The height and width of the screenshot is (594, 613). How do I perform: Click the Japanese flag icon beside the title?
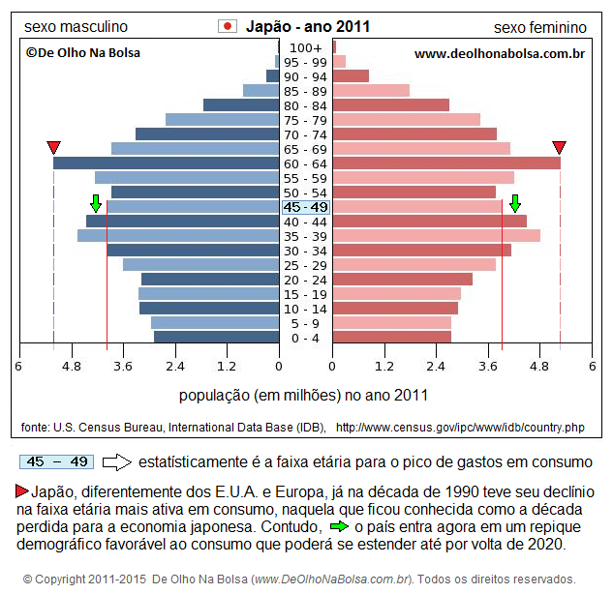coord(228,26)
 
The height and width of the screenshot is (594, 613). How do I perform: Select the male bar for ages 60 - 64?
coord(165,163)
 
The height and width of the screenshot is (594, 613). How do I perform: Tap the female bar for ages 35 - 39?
coord(436,236)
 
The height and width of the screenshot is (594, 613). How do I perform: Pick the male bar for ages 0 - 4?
coord(216,338)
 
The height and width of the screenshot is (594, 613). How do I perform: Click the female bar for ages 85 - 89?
coord(371,91)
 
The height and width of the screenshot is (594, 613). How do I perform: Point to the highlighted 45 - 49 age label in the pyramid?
coord(305,207)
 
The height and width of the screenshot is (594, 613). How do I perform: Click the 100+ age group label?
coord(305,47)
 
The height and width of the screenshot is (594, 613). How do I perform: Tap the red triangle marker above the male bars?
coord(54,147)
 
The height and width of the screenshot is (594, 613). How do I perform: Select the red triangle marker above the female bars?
coord(559,147)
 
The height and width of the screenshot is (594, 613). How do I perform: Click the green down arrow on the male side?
coord(95,203)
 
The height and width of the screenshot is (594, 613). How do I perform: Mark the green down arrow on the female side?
coord(515,203)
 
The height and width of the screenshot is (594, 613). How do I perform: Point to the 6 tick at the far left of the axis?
coord(18,367)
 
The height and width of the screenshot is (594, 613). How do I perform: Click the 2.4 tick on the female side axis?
coord(437,367)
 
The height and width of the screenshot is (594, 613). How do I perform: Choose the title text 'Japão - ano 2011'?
coord(307,27)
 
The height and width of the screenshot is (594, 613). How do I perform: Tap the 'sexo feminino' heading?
coord(539,27)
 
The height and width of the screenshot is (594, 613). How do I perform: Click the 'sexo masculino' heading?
coord(76,27)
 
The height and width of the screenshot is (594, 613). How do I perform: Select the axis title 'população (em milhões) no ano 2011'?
coord(303,396)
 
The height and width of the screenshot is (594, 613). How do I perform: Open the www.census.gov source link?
coord(460,427)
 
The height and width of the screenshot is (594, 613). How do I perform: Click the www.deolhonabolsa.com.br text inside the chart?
coord(499,54)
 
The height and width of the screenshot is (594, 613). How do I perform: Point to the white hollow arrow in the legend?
coord(116,462)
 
